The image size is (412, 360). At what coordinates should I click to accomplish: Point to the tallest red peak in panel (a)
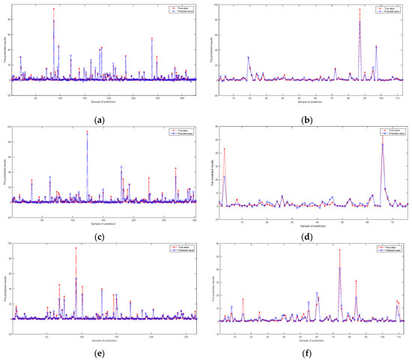[x=53, y=10]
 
